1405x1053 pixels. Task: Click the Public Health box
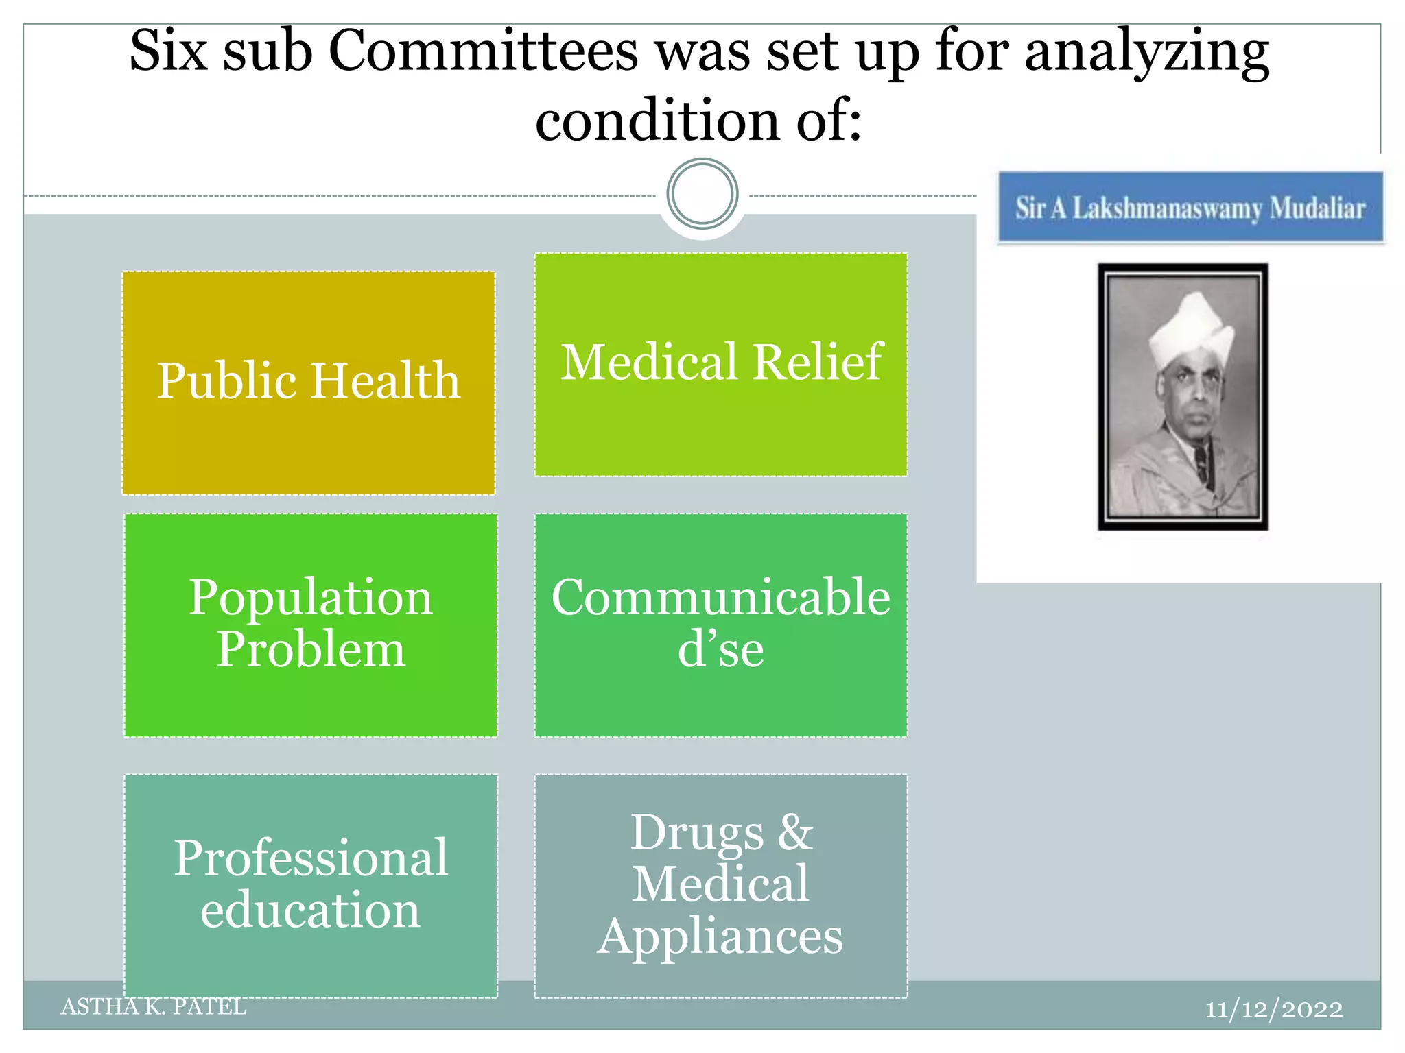pos(309,383)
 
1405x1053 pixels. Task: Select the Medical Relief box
pos(721,364)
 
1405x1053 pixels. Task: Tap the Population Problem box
pos(311,625)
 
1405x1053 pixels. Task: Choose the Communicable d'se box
pos(721,625)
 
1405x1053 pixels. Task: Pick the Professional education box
pos(311,884)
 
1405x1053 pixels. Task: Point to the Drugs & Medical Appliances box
pos(721,884)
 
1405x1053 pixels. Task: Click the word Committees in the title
pos(483,51)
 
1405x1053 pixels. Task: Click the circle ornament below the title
pos(702,194)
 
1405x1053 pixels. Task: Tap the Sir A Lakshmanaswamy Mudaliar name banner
pos(1190,208)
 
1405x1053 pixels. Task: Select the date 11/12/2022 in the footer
pos(1274,1009)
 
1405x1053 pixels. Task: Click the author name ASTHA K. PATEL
pos(154,1006)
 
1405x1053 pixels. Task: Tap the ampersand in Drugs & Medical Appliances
pos(795,832)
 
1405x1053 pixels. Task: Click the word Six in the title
pos(168,51)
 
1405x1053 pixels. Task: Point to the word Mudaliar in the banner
pos(1317,208)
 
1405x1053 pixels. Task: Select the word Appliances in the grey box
pos(720,936)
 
